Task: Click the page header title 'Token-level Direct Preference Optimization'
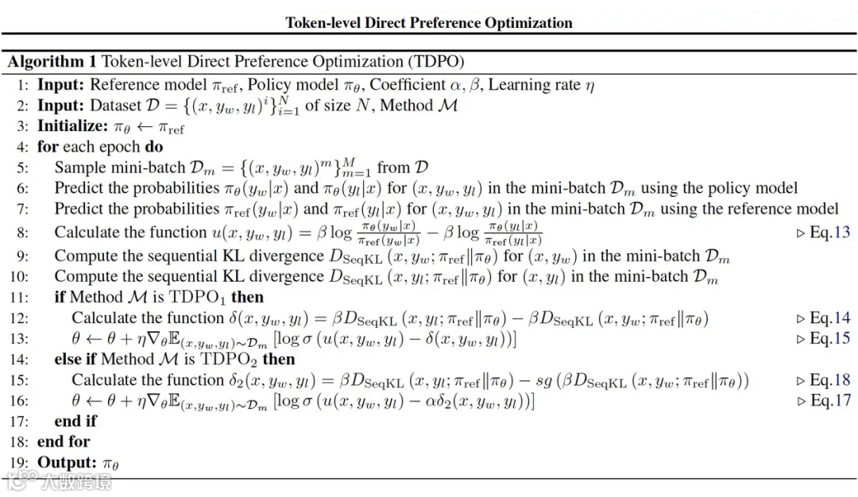coord(429,22)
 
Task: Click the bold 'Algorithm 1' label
coord(52,62)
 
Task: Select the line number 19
coord(20,463)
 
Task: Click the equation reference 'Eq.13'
coord(829,233)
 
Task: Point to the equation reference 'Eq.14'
coord(829,318)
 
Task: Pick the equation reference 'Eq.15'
coord(829,339)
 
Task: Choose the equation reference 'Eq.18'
coord(829,380)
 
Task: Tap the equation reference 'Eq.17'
coord(829,401)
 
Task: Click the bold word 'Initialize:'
coord(72,126)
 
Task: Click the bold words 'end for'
coord(64,442)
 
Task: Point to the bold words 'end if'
coord(75,422)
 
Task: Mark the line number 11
coord(20,298)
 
